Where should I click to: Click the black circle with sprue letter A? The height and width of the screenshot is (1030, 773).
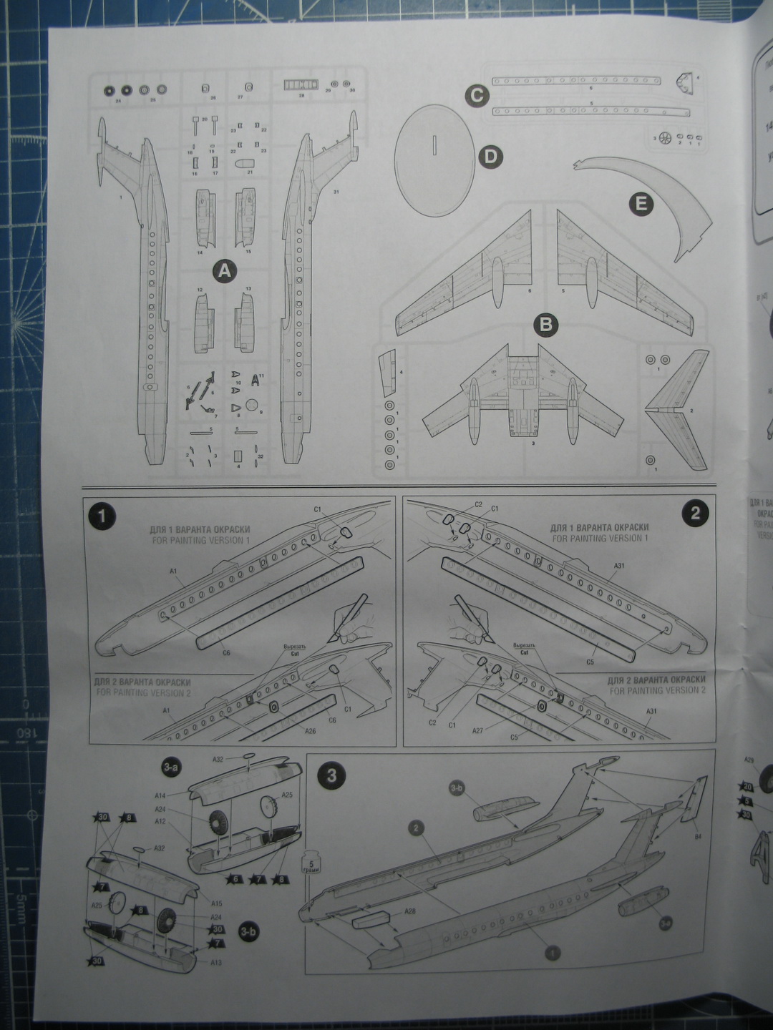point(225,271)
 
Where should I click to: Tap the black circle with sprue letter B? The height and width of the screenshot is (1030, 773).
point(546,325)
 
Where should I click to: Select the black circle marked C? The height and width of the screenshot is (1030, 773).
point(476,96)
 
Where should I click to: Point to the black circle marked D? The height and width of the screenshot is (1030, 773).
point(490,157)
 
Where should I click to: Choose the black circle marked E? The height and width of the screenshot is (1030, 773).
point(641,205)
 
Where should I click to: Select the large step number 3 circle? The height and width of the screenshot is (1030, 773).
point(331,775)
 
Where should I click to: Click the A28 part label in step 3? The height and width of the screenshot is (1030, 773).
point(410,911)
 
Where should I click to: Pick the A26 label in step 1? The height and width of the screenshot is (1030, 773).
point(310,731)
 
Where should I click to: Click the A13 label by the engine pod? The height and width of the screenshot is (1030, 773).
point(215,962)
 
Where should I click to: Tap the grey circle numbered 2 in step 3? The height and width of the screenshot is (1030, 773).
point(417,828)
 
